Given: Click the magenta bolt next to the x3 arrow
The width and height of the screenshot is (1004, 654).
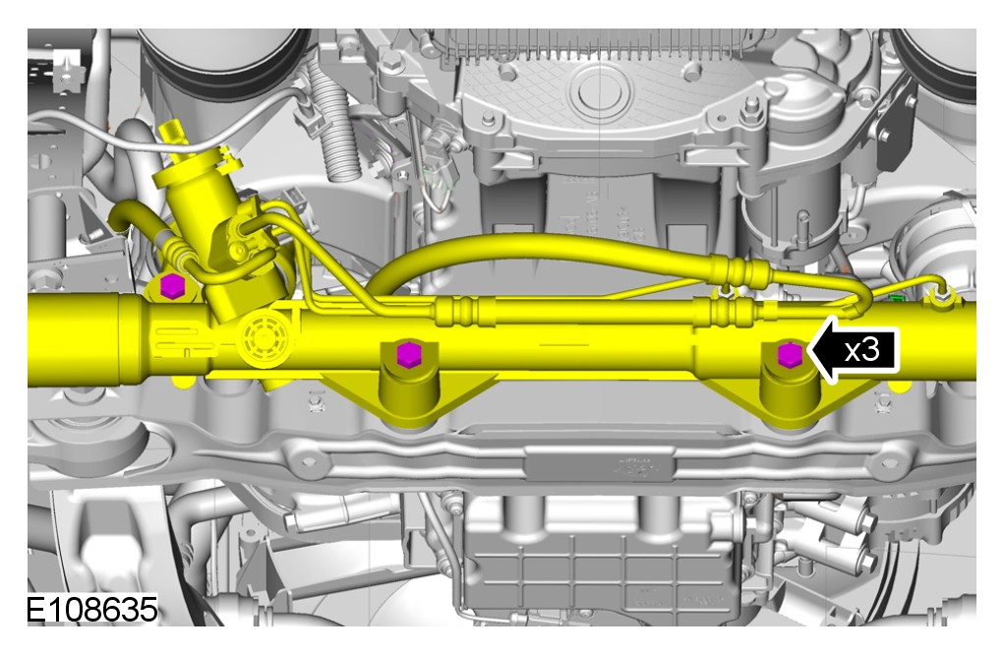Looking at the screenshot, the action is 790,354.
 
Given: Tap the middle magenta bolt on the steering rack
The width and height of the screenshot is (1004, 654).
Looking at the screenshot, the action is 407,354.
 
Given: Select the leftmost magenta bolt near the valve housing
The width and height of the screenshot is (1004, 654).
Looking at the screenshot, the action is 171,285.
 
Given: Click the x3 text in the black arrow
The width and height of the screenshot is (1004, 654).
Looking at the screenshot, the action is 861,350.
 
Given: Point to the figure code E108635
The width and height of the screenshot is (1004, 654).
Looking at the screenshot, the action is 91,609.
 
